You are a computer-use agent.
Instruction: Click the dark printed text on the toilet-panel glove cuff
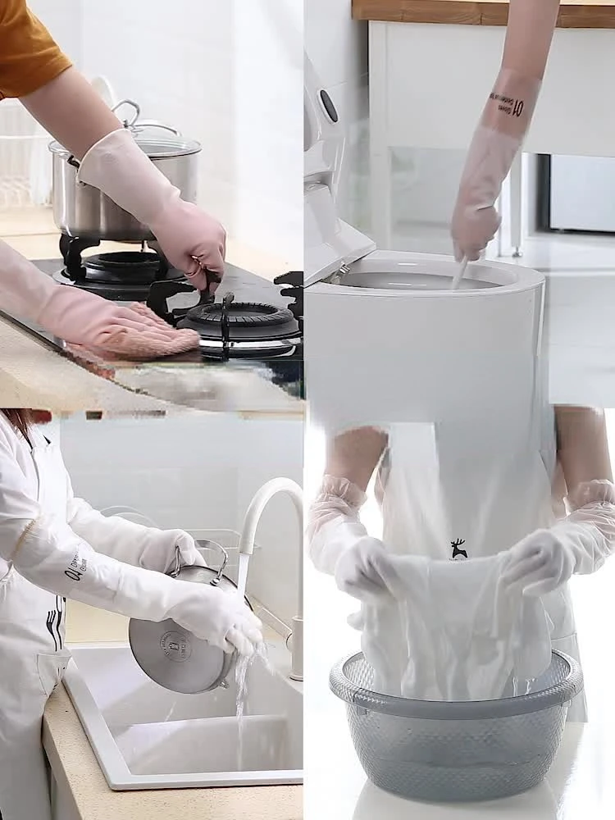[x=505, y=102]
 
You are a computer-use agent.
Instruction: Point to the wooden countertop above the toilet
[x=484, y=11]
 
